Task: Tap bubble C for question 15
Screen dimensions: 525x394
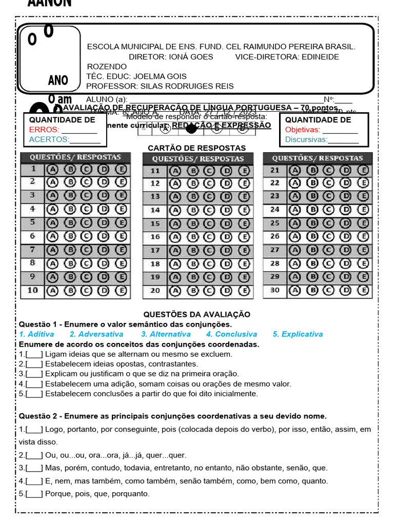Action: pyautogui.click(x=210, y=224)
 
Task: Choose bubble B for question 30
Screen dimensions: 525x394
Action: pyautogui.click(x=312, y=291)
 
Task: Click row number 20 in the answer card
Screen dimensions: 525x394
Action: pyautogui.click(x=155, y=291)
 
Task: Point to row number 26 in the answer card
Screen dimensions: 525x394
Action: pyautogui.click(x=275, y=236)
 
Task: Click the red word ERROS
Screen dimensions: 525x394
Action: pyautogui.click(x=44, y=130)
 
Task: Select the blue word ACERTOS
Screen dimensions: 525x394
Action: pyautogui.click(x=49, y=139)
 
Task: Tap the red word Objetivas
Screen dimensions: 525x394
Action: pyautogui.click(x=303, y=130)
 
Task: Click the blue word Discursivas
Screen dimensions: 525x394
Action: pyautogui.click(x=306, y=139)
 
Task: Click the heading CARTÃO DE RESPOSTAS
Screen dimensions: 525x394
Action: pyautogui.click(x=196, y=148)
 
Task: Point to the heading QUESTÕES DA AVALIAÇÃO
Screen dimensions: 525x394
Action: pyautogui.click(x=196, y=314)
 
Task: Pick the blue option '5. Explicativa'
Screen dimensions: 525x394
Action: pyautogui.click(x=298, y=334)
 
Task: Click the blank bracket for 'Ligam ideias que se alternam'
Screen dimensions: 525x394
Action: pyautogui.click(x=34, y=354)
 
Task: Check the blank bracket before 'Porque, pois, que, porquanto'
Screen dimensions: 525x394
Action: pyautogui.click(x=34, y=494)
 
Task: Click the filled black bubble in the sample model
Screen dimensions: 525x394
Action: pyautogui.click(x=191, y=129)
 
